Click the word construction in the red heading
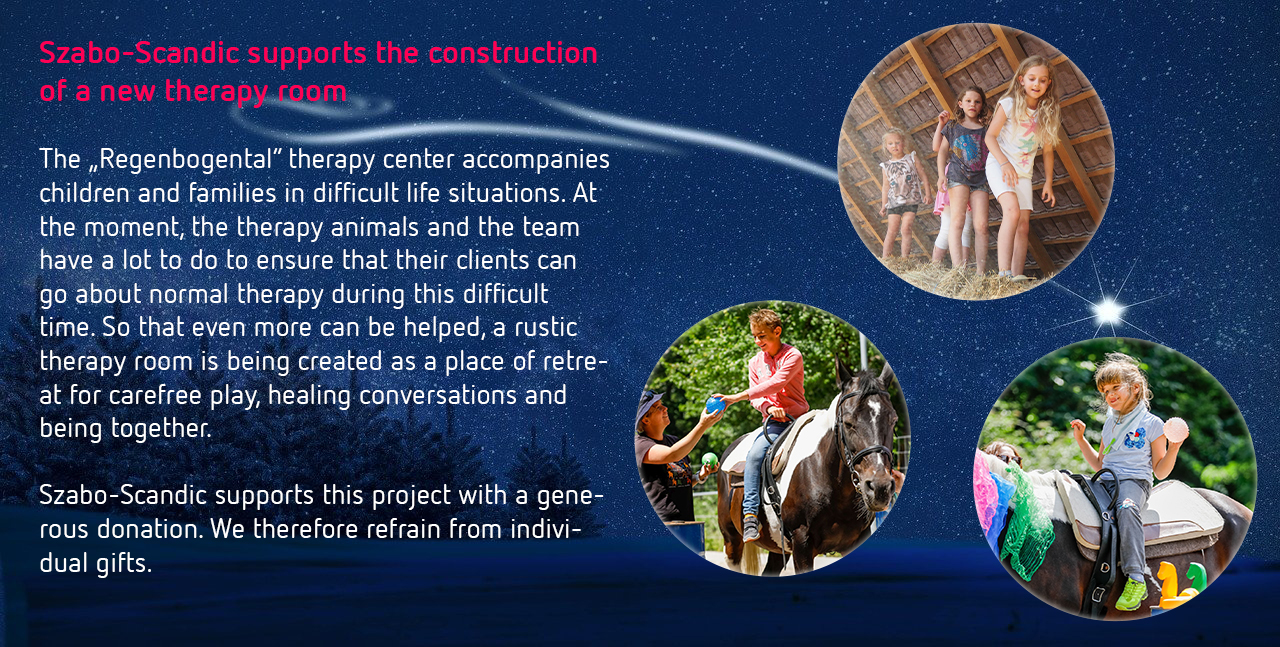[513, 53]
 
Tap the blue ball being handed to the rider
[715, 405]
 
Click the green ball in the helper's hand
[709, 459]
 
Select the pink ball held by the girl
[1176, 430]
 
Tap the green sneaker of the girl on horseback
[1131, 594]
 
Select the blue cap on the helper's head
[650, 401]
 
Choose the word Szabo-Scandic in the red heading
[139, 53]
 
